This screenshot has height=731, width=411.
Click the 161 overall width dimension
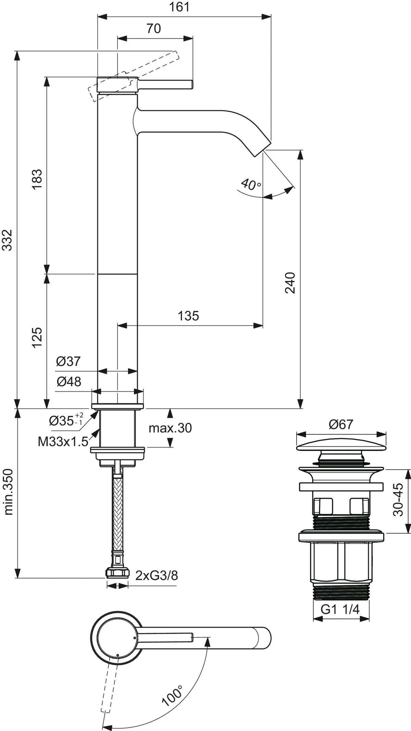click(180, 7)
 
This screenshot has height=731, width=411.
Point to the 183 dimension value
click(37, 179)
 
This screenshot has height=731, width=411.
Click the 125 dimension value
click(37, 337)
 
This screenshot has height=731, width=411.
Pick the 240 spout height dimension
click(290, 282)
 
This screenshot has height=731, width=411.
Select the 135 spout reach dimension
click(188, 316)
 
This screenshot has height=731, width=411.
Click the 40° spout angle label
click(251, 185)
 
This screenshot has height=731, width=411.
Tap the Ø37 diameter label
click(68, 361)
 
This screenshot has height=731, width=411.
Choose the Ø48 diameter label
click(69, 381)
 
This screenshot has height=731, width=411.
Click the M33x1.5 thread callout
click(63, 442)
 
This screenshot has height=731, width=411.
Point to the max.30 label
click(170, 428)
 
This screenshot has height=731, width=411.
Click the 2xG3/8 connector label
click(157, 576)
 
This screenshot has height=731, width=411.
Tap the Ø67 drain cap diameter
click(341, 425)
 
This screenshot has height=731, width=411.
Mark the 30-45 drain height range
click(398, 499)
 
